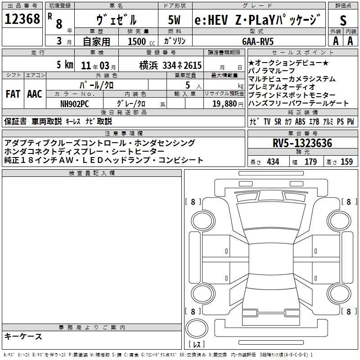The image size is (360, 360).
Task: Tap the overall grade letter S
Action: coord(343,20)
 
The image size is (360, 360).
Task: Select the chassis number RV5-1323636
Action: coord(302,144)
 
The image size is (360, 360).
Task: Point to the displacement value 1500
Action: coord(137,41)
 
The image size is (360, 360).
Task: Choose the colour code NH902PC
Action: coord(75,103)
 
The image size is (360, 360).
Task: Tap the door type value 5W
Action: coord(175,20)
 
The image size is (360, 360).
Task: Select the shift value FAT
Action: coord(13,94)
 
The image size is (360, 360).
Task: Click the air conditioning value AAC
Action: coord(35,94)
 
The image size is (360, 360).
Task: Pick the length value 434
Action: coord(273,162)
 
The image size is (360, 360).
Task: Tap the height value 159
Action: coord(346,162)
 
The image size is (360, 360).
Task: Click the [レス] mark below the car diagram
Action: coord(197,345)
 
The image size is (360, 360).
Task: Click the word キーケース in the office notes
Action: coord(23,337)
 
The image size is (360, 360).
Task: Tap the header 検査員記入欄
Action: coord(92,173)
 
